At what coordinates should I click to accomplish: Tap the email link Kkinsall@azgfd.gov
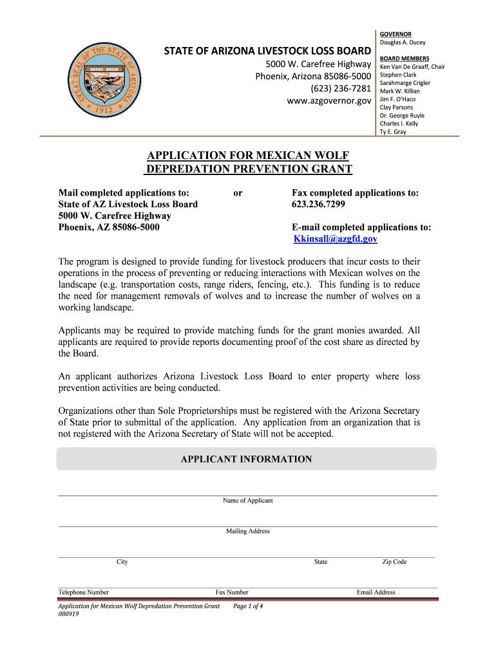[x=335, y=239]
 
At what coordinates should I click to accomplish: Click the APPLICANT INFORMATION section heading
[x=246, y=459]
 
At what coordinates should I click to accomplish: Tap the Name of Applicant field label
[x=248, y=501]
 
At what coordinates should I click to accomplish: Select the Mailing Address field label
[x=248, y=532]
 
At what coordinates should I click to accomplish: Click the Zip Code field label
[x=394, y=562]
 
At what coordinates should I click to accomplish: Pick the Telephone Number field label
[x=84, y=592]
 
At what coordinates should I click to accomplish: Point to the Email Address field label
[x=376, y=592]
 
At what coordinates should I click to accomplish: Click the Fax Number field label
[x=232, y=592]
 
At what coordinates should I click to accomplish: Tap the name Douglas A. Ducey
[x=403, y=42]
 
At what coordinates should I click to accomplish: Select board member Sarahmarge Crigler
[x=405, y=83]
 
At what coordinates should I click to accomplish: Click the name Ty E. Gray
[x=393, y=131]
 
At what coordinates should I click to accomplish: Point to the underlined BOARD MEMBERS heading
[x=405, y=59]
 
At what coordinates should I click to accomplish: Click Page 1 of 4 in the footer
[x=248, y=606]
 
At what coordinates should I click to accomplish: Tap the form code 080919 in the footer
[x=68, y=614]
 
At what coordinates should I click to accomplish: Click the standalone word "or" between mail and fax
[x=238, y=192]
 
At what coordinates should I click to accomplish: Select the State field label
[x=321, y=562]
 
